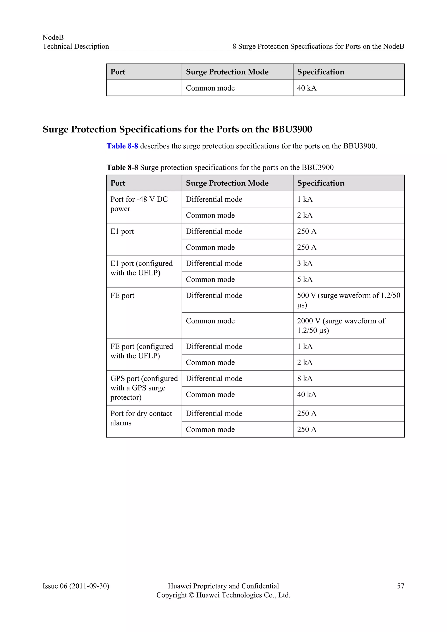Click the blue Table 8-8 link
pyautogui.click(x=122, y=146)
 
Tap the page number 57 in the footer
pyautogui.click(x=400, y=586)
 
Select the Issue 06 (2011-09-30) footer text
pyautogui.click(x=76, y=586)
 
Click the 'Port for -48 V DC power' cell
pyautogui.click(x=139, y=204)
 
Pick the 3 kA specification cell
pyautogui.click(x=305, y=263)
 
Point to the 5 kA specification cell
pyautogui.click(x=305, y=279)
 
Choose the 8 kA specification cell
pyautogui.click(x=305, y=378)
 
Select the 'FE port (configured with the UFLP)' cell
pyautogui.click(x=141, y=351)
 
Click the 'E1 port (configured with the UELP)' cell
pyautogui.click(x=141, y=268)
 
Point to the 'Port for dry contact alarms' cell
pyautogui.click(x=141, y=418)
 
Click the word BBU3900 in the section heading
pyautogui.click(x=292, y=129)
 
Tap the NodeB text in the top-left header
pyautogui.click(x=53, y=38)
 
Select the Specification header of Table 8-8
pyautogui.click(x=321, y=183)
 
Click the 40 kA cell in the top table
pyautogui.click(x=307, y=88)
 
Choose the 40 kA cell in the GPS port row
pyautogui.click(x=307, y=394)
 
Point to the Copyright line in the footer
pyautogui.click(x=223, y=595)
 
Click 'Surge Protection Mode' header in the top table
pyautogui.click(x=227, y=72)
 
